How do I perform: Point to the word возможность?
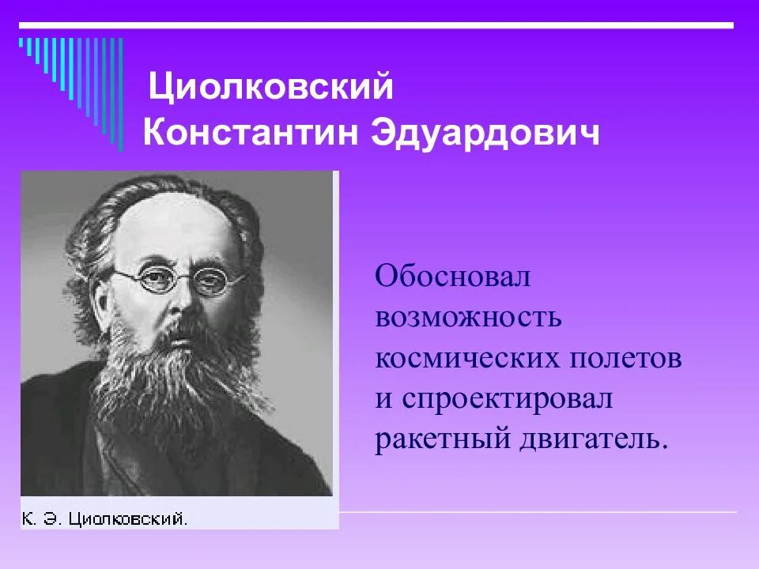pyautogui.click(x=468, y=317)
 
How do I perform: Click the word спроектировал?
pyautogui.click(x=507, y=399)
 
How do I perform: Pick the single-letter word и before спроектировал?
pyautogui.click(x=384, y=400)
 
